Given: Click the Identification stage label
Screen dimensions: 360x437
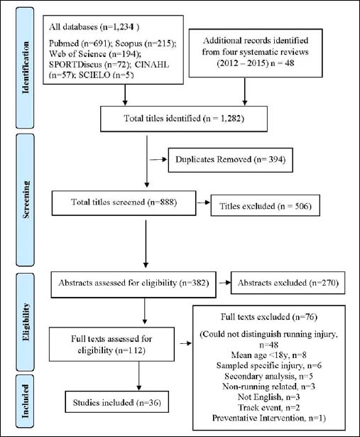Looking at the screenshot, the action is click(x=26, y=68).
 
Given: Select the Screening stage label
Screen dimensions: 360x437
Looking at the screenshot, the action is click(x=26, y=200).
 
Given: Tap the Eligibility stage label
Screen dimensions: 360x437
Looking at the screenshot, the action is click(x=26, y=322).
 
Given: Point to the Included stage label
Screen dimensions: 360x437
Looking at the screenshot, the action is click(x=26, y=401).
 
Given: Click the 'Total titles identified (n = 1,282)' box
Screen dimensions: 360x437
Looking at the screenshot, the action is click(x=184, y=119).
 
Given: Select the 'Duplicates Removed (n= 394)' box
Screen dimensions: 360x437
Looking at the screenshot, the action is click(x=231, y=160).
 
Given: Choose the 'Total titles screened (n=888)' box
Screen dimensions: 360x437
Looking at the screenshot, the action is click(x=124, y=203).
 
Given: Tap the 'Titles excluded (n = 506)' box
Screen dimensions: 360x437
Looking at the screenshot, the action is click(x=266, y=205).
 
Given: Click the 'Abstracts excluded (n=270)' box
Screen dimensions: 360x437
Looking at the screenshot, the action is click(x=288, y=283).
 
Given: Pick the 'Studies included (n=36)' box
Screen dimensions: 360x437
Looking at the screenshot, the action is click(x=117, y=402).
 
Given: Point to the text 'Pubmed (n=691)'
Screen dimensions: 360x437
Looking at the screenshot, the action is click(x=80, y=43).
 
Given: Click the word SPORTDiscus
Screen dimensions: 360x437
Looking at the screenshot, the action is click(x=75, y=65).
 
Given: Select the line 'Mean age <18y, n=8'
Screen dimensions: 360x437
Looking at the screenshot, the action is click(x=268, y=355).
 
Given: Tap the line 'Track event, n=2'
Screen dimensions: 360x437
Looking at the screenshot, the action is click(x=268, y=407).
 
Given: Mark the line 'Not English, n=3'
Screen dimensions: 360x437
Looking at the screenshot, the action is click(x=268, y=397).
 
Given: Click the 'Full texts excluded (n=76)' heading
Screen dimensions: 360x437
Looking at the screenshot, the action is click(x=269, y=317).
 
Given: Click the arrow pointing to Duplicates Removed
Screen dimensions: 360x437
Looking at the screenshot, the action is click(x=158, y=159).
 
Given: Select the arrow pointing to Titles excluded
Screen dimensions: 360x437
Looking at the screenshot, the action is click(x=204, y=203).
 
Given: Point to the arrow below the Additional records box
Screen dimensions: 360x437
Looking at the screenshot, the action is click(x=245, y=92).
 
